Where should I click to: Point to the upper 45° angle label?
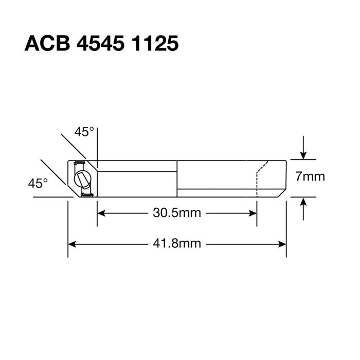84,132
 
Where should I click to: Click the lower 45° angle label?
38,183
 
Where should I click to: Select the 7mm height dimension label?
310,177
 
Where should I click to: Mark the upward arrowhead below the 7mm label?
304,202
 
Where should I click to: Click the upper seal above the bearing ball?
80,164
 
